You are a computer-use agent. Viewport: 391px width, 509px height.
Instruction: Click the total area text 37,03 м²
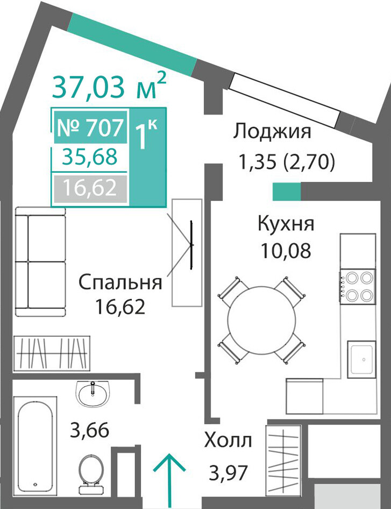[x=109, y=86]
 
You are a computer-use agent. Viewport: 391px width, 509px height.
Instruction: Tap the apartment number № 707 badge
[x=90, y=127]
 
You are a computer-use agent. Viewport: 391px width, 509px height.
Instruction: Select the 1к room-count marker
[x=146, y=136]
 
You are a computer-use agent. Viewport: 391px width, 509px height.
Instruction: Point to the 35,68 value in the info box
[x=90, y=157]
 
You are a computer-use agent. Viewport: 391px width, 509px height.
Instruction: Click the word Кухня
[x=286, y=223]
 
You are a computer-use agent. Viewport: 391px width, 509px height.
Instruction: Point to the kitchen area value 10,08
[x=286, y=251]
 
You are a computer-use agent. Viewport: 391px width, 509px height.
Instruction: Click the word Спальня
[x=120, y=282]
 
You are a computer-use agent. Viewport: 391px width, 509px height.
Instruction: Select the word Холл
[x=228, y=441]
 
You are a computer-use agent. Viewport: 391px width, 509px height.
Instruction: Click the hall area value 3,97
[x=229, y=473]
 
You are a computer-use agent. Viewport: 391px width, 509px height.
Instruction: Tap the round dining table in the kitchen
[x=261, y=320]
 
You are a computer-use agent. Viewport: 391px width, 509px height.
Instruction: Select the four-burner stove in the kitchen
[x=358, y=287]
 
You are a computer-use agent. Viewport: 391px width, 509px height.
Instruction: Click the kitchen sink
[x=361, y=359]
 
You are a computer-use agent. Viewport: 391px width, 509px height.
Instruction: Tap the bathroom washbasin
[x=93, y=393]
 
